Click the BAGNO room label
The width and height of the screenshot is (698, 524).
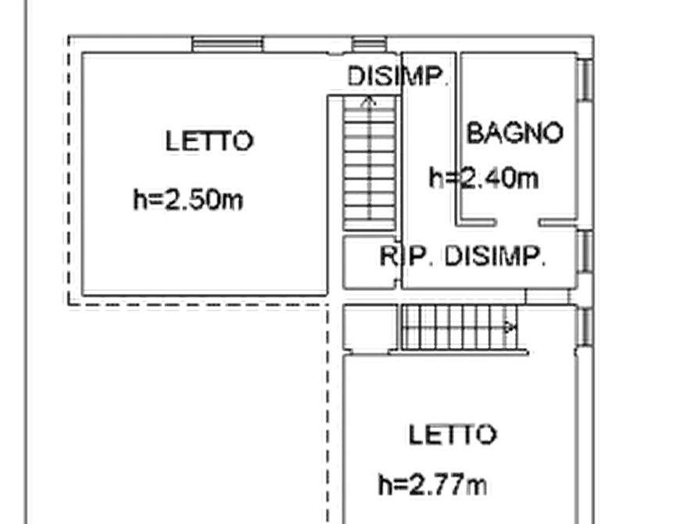coord(515,132)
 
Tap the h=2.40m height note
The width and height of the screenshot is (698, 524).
coord(484,178)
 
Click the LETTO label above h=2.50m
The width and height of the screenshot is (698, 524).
coord(211,139)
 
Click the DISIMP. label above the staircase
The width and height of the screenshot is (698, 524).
coord(397,76)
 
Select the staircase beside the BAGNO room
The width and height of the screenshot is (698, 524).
coord(370,160)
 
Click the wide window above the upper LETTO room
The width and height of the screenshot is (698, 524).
coord(228,45)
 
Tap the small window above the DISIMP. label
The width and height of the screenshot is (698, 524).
coord(369,45)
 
